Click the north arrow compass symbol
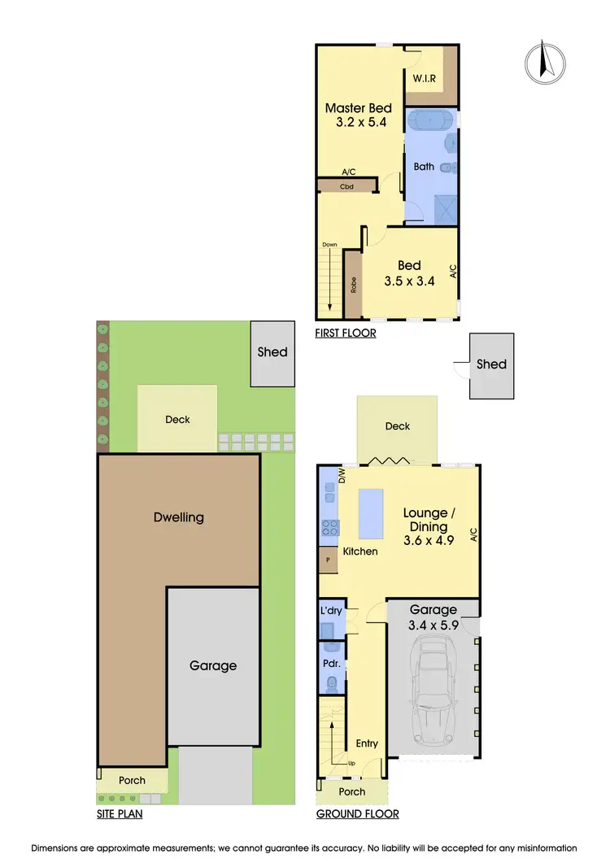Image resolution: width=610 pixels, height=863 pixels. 546,63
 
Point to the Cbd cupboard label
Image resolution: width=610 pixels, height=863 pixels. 347,185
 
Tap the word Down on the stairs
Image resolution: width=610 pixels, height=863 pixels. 329,245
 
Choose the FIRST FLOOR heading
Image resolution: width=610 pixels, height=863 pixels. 345,333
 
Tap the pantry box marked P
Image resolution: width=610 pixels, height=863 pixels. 328,560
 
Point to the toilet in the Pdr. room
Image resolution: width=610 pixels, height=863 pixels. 331,685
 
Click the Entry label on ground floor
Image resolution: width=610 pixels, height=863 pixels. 367,743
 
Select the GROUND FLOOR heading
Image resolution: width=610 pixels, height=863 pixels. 357,813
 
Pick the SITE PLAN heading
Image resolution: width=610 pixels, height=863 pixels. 119,813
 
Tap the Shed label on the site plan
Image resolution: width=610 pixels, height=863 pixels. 272,352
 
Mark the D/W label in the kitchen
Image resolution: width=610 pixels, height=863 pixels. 342,475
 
